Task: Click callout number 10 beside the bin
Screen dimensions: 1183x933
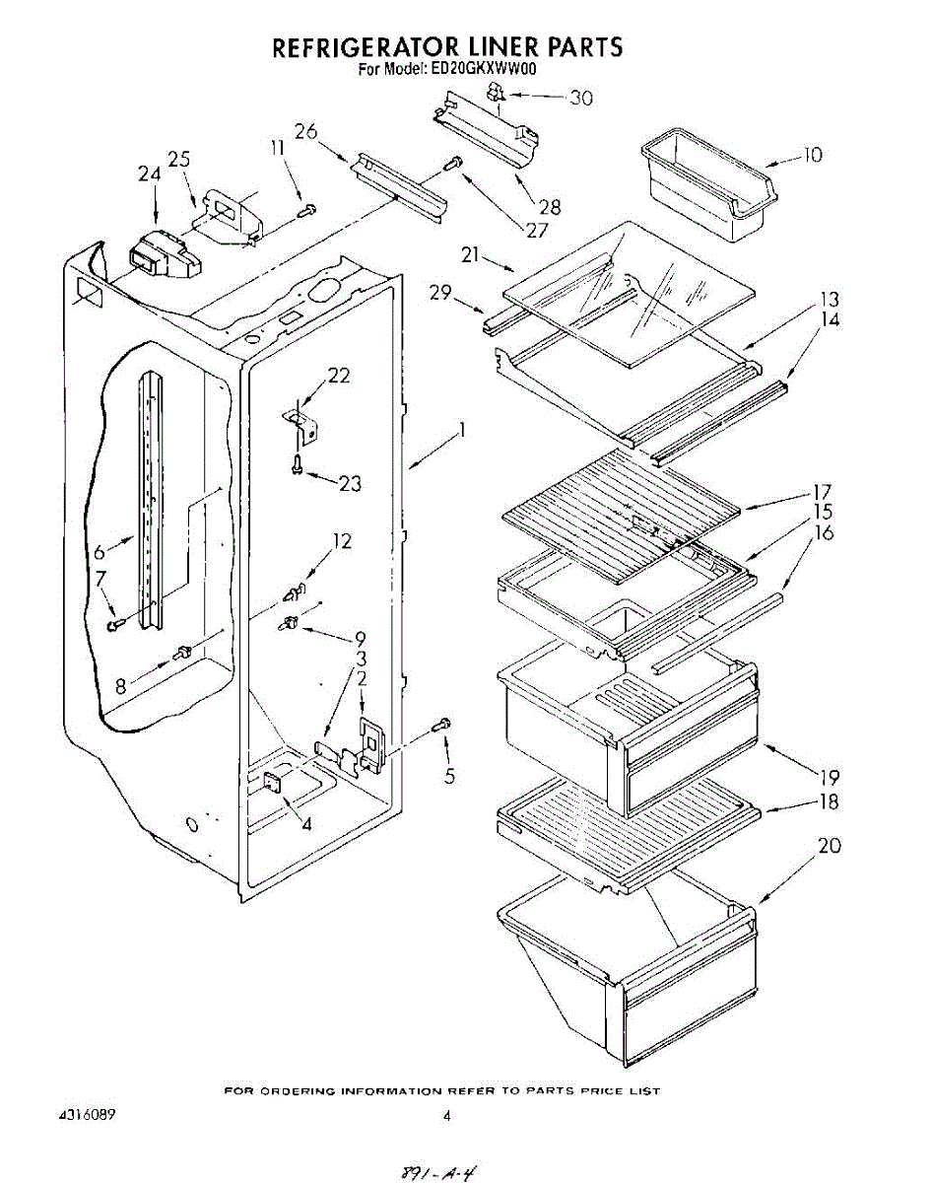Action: [812, 155]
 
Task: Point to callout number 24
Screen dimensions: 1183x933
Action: [149, 174]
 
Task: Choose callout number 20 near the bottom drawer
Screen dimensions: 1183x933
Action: [830, 846]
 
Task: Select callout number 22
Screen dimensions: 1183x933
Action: [339, 376]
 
